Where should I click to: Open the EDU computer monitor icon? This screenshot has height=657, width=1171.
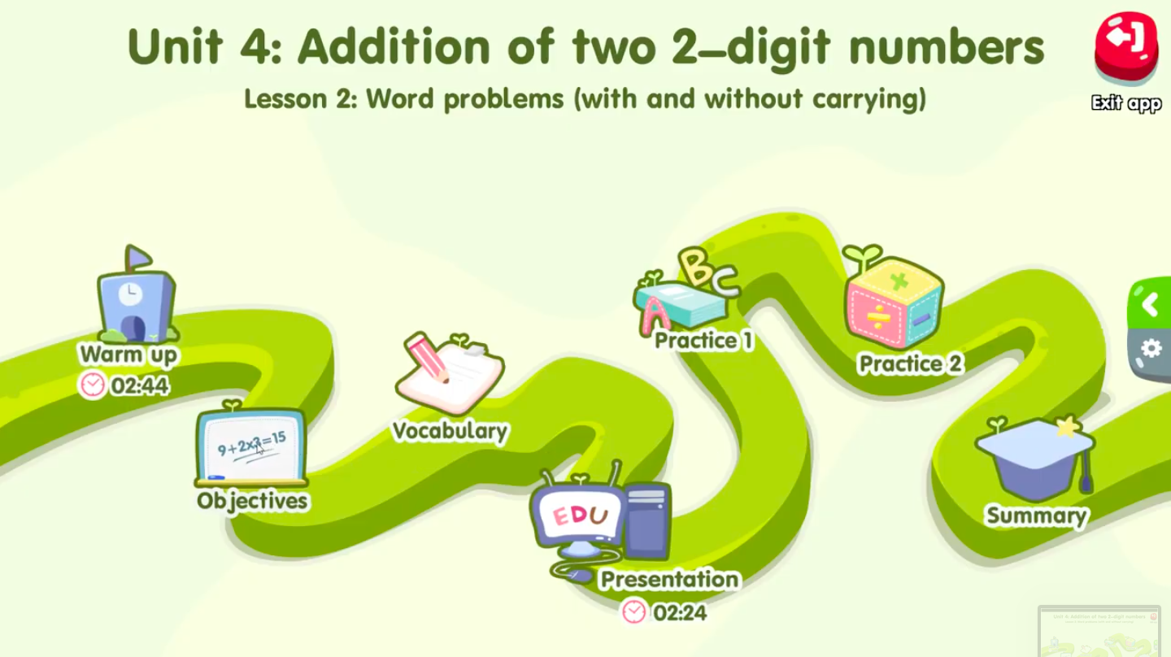point(579,517)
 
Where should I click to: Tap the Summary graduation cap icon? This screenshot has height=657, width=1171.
point(1033,459)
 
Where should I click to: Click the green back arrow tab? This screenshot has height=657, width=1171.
point(1150,305)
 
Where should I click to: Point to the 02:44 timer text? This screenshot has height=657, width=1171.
point(140,385)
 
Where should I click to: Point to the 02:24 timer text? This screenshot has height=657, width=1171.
point(680,612)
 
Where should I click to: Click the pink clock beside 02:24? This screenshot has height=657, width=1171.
point(634,611)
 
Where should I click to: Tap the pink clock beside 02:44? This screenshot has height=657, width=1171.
point(93,385)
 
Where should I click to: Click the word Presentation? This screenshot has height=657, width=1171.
point(669,580)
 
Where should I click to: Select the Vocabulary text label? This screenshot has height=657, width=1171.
point(451,431)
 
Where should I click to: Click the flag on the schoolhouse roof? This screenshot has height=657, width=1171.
point(138,258)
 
